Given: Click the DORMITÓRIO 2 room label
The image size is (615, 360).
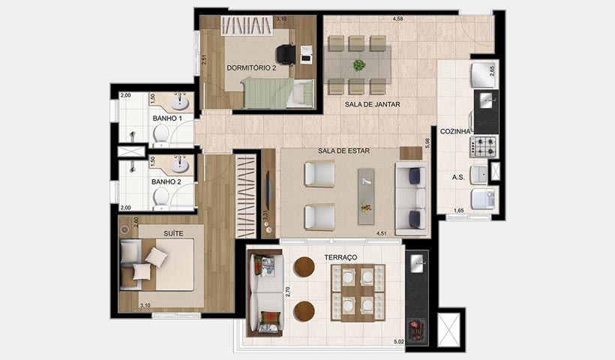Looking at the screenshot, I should pyautogui.click(x=252, y=68).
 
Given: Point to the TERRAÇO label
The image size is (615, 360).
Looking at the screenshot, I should pyautogui.click(x=340, y=257).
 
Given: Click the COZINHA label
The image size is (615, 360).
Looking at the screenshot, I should pyautogui.click(x=455, y=131).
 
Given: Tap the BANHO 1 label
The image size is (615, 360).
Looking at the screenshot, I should pyautogui.click(x=166, y=118).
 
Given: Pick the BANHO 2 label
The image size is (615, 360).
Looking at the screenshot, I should pyautogui.click(x=166, y=181).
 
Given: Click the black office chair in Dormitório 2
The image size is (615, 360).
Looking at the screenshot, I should pyautogui.click(x=285, y=53).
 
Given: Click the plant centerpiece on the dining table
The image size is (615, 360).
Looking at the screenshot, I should pyautogui.click(x=359, y=65).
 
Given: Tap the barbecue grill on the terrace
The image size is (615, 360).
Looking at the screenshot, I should pyautogui.click(x=416, y=328).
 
